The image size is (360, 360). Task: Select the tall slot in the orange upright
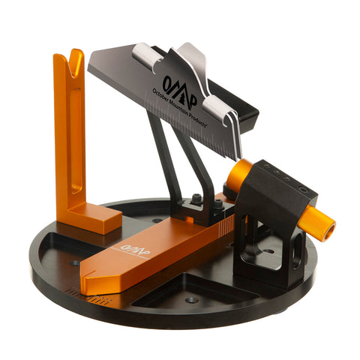[76, 135]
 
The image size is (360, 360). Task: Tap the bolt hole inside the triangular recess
[192, 299]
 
